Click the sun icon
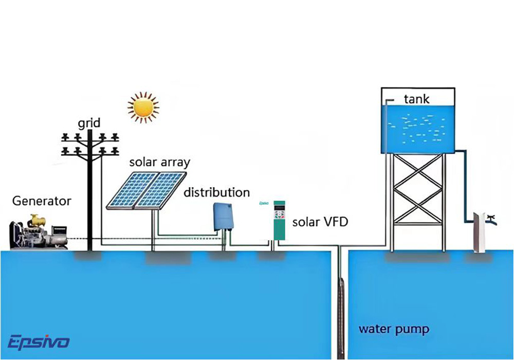[143, 106]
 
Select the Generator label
[42, 201]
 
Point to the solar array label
[159, 163]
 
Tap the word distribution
[217, 193]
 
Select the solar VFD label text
[320, 222]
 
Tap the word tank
[416, 99]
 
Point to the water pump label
[394, 329]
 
